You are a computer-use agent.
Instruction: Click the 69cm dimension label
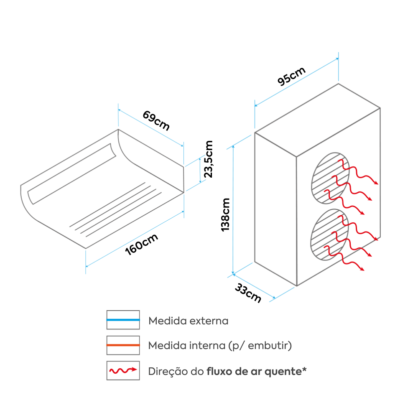[x=156, y=120]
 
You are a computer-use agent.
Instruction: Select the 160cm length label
[x=142, y=245]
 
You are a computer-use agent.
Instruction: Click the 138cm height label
[x=225, y=214]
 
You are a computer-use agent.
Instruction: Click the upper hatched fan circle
[x=330, y=178]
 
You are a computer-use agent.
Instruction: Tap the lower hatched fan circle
[x=330, y=235]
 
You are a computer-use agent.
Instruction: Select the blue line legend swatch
[x=123, y=320]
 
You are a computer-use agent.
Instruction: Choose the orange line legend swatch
[x=123, y=345]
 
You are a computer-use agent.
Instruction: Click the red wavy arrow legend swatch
[x=123, y=370]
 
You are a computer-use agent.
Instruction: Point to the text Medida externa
[x=189, y=321]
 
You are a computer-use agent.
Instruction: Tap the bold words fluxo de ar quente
[x=256, y=371]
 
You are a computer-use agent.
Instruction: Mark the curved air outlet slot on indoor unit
[x=71, y=173]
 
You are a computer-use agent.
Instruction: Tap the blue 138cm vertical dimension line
[x=233, y=209]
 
